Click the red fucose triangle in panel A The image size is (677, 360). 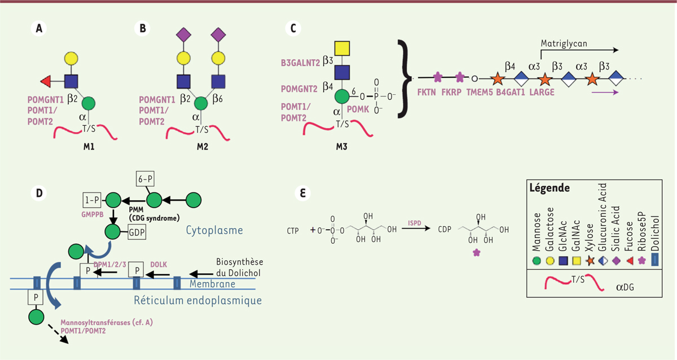[x=46, y=82]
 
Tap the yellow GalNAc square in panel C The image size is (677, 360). [x=342, y=49]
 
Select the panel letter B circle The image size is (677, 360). [x=142, y=28]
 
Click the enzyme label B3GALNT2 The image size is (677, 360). [x=300, y=63]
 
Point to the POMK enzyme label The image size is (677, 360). [x=358, y=109]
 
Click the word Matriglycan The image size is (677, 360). [x=564, y=44]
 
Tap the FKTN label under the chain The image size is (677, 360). [x=427, y=92]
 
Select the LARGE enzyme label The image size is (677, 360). [x=542, y=92]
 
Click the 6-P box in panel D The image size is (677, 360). [x=145, y=179]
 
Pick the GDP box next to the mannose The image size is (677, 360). [x=137, y=232]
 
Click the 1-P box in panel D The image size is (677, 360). [x=92, y=200]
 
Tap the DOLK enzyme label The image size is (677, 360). [x=159, y=265]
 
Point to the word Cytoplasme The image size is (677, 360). [x=214, y=230]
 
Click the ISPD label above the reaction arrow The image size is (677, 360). [x=414, y=223]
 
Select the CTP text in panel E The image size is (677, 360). [x=293, y=231]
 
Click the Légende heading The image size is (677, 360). [x=549, y=188]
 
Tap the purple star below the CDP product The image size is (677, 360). [x=477, y=253]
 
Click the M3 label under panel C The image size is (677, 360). [x=342, y=147]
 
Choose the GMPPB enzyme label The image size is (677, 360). [x=93, y=214]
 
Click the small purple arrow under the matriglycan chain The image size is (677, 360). [x=605, y=92]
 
